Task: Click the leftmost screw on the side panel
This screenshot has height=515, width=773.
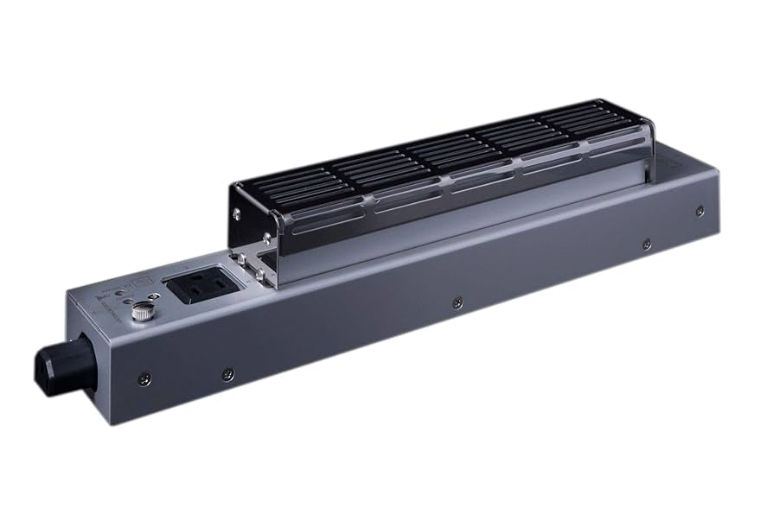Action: pyautogui.click(x=144, y=377)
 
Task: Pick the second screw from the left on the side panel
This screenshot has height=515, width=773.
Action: pyautogui.click(x=227, y=374)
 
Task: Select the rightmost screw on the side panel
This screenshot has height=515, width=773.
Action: pyautogui.click(x=700, y=210)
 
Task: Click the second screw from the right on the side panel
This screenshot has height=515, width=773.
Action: pyautogui.click(x=645, y=245)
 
